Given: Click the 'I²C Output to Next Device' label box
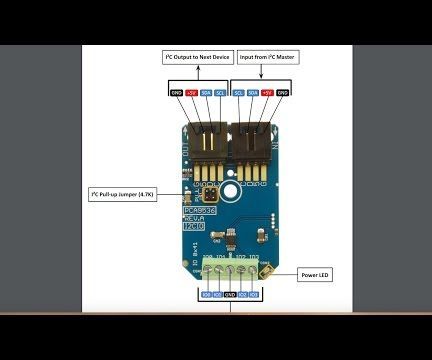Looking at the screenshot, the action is [x=198, y=58].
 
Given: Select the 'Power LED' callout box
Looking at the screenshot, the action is [x=318, y=274].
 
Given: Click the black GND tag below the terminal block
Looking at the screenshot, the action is [x=230, y=295].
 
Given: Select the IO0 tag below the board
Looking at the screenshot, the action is [x=206, y=295].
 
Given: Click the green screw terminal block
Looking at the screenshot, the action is [x=231, y=270].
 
